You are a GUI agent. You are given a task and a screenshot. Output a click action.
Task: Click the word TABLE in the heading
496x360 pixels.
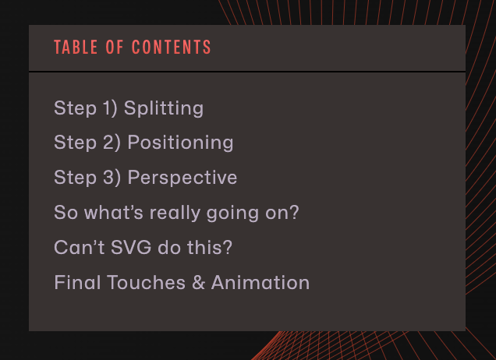(76, 47)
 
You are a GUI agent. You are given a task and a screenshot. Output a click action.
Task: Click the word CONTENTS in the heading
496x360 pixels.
(171, 47)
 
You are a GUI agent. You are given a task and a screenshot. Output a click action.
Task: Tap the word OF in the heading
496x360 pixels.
(115, 47)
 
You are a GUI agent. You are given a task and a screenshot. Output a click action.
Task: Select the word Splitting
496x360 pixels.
(164, 108)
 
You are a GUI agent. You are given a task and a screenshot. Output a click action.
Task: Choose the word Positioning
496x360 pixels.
(180, 143)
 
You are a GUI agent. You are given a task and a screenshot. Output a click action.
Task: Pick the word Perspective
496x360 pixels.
(182, 178)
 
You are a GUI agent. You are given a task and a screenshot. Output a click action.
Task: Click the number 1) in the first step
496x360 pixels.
(110, 108)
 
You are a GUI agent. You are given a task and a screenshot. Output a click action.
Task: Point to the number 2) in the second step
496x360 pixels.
(112, 143)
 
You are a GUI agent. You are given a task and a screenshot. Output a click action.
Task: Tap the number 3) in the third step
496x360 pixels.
(112, 178)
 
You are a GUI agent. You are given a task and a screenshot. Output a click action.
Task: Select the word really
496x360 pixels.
(175, 213)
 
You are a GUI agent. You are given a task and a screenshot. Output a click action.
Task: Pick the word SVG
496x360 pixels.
(131, 247)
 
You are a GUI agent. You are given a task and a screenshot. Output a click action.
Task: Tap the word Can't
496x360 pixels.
(80, 247)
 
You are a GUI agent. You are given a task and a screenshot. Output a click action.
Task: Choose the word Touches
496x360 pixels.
(146, 282)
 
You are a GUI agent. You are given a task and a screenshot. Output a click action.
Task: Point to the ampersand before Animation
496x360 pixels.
(198, 282)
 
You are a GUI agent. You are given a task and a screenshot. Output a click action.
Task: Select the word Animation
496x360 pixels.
(260, 282)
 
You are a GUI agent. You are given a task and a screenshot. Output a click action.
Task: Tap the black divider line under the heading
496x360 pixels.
(247, 72)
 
